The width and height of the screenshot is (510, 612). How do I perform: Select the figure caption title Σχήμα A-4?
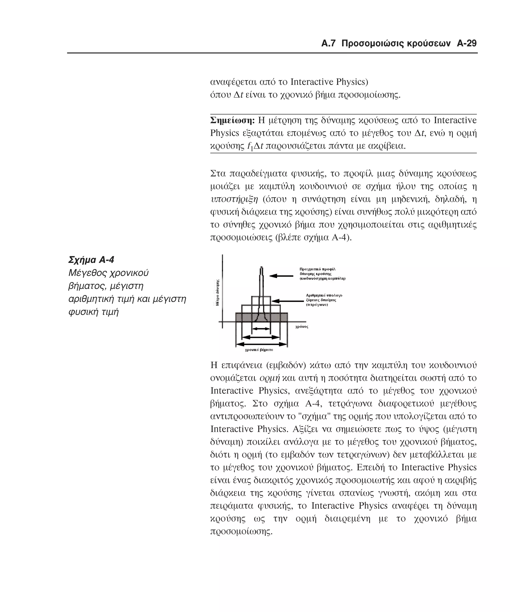tap(91, 260)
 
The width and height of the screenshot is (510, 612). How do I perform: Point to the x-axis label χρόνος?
tap(302, 327)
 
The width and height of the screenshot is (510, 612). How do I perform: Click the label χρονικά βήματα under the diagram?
tap(259, 350)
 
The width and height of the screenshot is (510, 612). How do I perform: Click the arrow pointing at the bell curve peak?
tap(281, 276)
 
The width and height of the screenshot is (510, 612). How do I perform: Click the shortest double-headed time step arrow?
tap(261, 329)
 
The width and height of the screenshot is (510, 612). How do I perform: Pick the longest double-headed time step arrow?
tap(261, 345)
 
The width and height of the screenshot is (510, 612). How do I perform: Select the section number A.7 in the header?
tap(328, 44)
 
